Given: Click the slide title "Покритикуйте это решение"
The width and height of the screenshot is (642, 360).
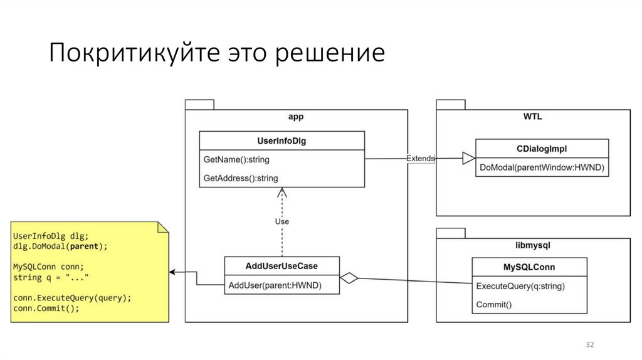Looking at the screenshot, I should [x=216, y=53].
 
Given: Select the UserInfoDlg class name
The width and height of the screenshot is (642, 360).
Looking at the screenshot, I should [x=282, y=141].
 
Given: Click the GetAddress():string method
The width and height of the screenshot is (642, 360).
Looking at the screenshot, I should [x=241, y=178].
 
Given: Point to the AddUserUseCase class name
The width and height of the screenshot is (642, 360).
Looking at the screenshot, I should [x=282, y=266].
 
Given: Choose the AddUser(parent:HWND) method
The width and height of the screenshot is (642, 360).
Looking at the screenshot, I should [x=275, y=285].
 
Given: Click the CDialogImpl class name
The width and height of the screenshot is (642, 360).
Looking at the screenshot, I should [x=542, y=149].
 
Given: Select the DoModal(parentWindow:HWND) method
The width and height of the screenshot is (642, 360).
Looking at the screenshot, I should [x=541, y=167].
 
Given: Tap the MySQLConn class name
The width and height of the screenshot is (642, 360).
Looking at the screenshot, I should [x=529, y=267].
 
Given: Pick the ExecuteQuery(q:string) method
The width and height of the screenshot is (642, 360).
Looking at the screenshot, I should [x=520, y=286].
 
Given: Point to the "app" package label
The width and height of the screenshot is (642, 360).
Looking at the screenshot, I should [x=296, y=117].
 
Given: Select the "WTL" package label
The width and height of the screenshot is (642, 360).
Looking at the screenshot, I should [x=532, y=117].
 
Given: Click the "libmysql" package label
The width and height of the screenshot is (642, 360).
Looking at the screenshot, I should [x=532, y=245].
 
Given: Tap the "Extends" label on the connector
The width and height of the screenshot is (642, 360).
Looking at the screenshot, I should [x=420, y=159].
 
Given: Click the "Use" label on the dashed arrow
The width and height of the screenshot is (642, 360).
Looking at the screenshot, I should [x=282, y=221].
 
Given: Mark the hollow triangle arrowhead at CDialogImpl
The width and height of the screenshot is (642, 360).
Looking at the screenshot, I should [x=468, y=159].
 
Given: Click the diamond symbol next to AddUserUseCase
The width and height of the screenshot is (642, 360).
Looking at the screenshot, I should [x=349, y=278].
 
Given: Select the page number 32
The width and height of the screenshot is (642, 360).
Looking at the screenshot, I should [x=589, y=346].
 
